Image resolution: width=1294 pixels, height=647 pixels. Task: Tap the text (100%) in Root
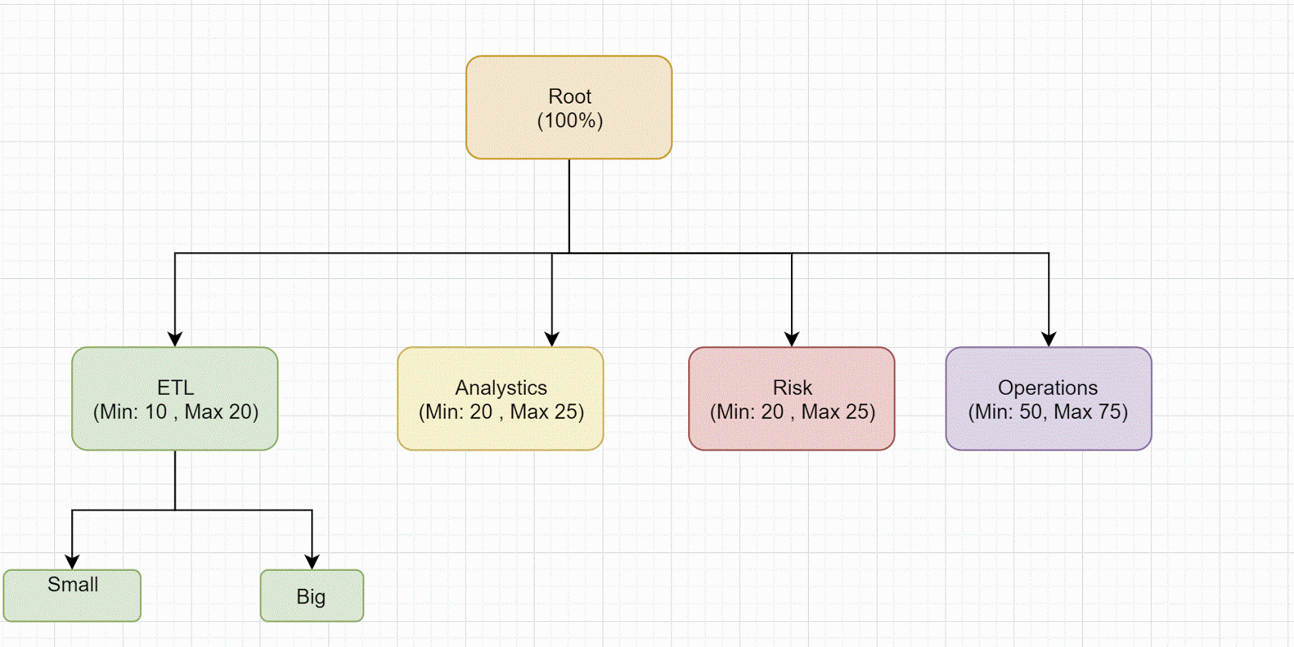click(569, 121)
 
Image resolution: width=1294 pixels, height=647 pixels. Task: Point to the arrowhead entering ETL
click(175, 340)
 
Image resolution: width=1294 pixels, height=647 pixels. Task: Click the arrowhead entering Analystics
click(552, 340)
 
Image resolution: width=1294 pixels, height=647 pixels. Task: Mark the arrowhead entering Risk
click(792, 340)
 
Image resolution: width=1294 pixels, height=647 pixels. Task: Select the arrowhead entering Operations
click(1049, 340)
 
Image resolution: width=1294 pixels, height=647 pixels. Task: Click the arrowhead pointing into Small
click(72, 562)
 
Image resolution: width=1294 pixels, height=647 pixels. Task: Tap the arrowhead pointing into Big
click(312, 562)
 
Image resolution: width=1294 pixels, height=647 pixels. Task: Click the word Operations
click(1047, 388)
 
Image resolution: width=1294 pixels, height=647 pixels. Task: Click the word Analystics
click(501, 388)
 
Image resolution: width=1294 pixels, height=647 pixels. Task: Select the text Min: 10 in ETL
click(133, 412)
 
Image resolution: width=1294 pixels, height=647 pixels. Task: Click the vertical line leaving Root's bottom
click(569, 206)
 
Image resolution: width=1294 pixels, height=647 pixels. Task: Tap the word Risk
click(792, 388)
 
